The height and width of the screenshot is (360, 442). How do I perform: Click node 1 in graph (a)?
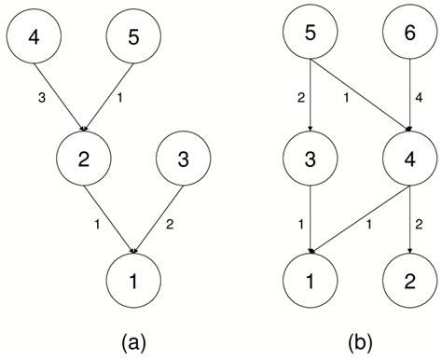coord(135,277)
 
